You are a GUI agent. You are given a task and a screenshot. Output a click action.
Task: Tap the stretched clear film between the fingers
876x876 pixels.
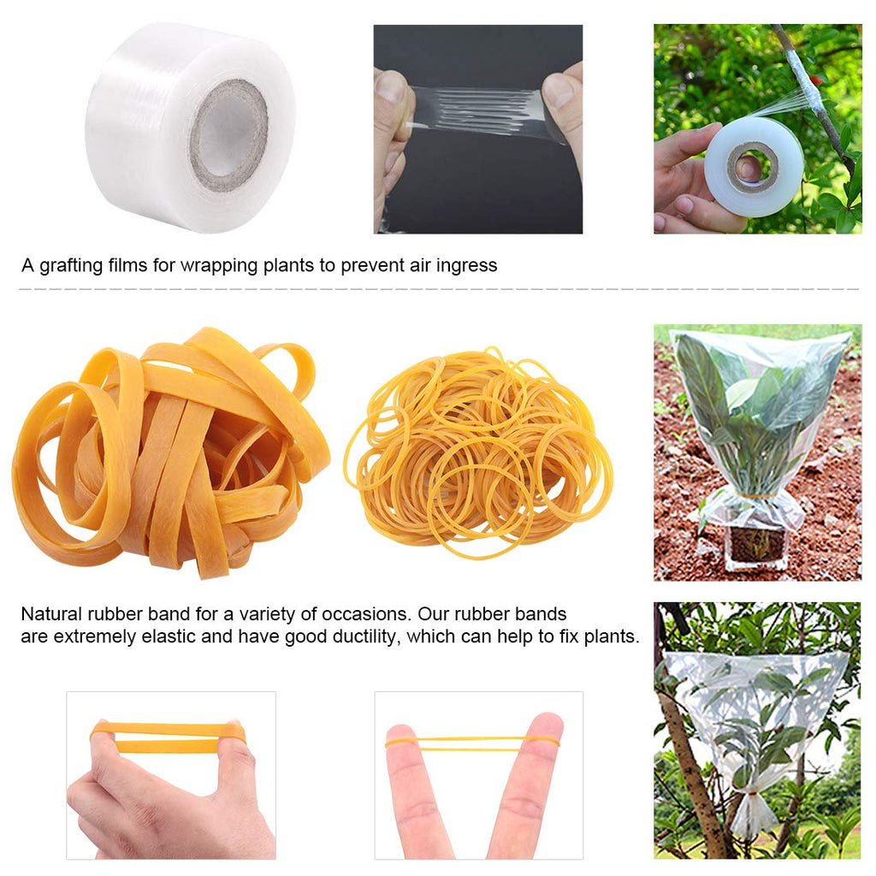(x=477, y=112)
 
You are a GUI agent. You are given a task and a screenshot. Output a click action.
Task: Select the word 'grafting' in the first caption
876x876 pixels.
(x=71, y=265)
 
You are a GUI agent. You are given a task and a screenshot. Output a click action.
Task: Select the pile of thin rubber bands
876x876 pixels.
(x=478, y=453)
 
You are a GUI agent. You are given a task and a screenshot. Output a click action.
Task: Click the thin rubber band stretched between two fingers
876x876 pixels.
(x=472, y=742)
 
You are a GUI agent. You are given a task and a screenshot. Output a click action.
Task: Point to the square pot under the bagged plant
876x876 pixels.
(x=755, y=546)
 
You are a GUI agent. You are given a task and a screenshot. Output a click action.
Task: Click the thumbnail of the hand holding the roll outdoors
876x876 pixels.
(x=758, y=128)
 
